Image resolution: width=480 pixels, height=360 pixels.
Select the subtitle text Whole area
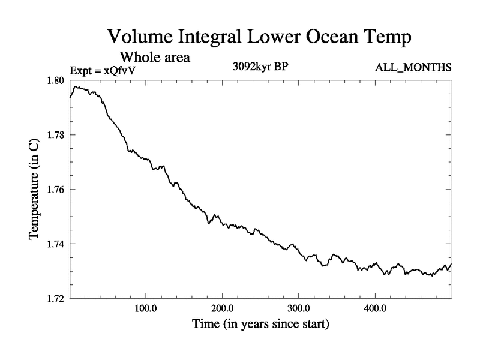155,58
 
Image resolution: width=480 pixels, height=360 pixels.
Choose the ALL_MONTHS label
413,67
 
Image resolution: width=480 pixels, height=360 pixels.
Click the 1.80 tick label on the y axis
58,80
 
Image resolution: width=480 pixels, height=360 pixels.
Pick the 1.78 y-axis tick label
58,135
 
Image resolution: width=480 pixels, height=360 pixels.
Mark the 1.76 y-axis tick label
58,190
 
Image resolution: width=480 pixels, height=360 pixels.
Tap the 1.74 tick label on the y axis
58,244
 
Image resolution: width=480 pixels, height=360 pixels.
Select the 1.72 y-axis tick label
58,298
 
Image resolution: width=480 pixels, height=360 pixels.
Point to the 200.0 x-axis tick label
223,309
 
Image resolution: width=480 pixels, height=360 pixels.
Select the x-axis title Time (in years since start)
260,325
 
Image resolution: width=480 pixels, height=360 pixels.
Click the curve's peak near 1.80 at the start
76,86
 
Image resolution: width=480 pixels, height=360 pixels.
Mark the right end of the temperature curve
451,264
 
